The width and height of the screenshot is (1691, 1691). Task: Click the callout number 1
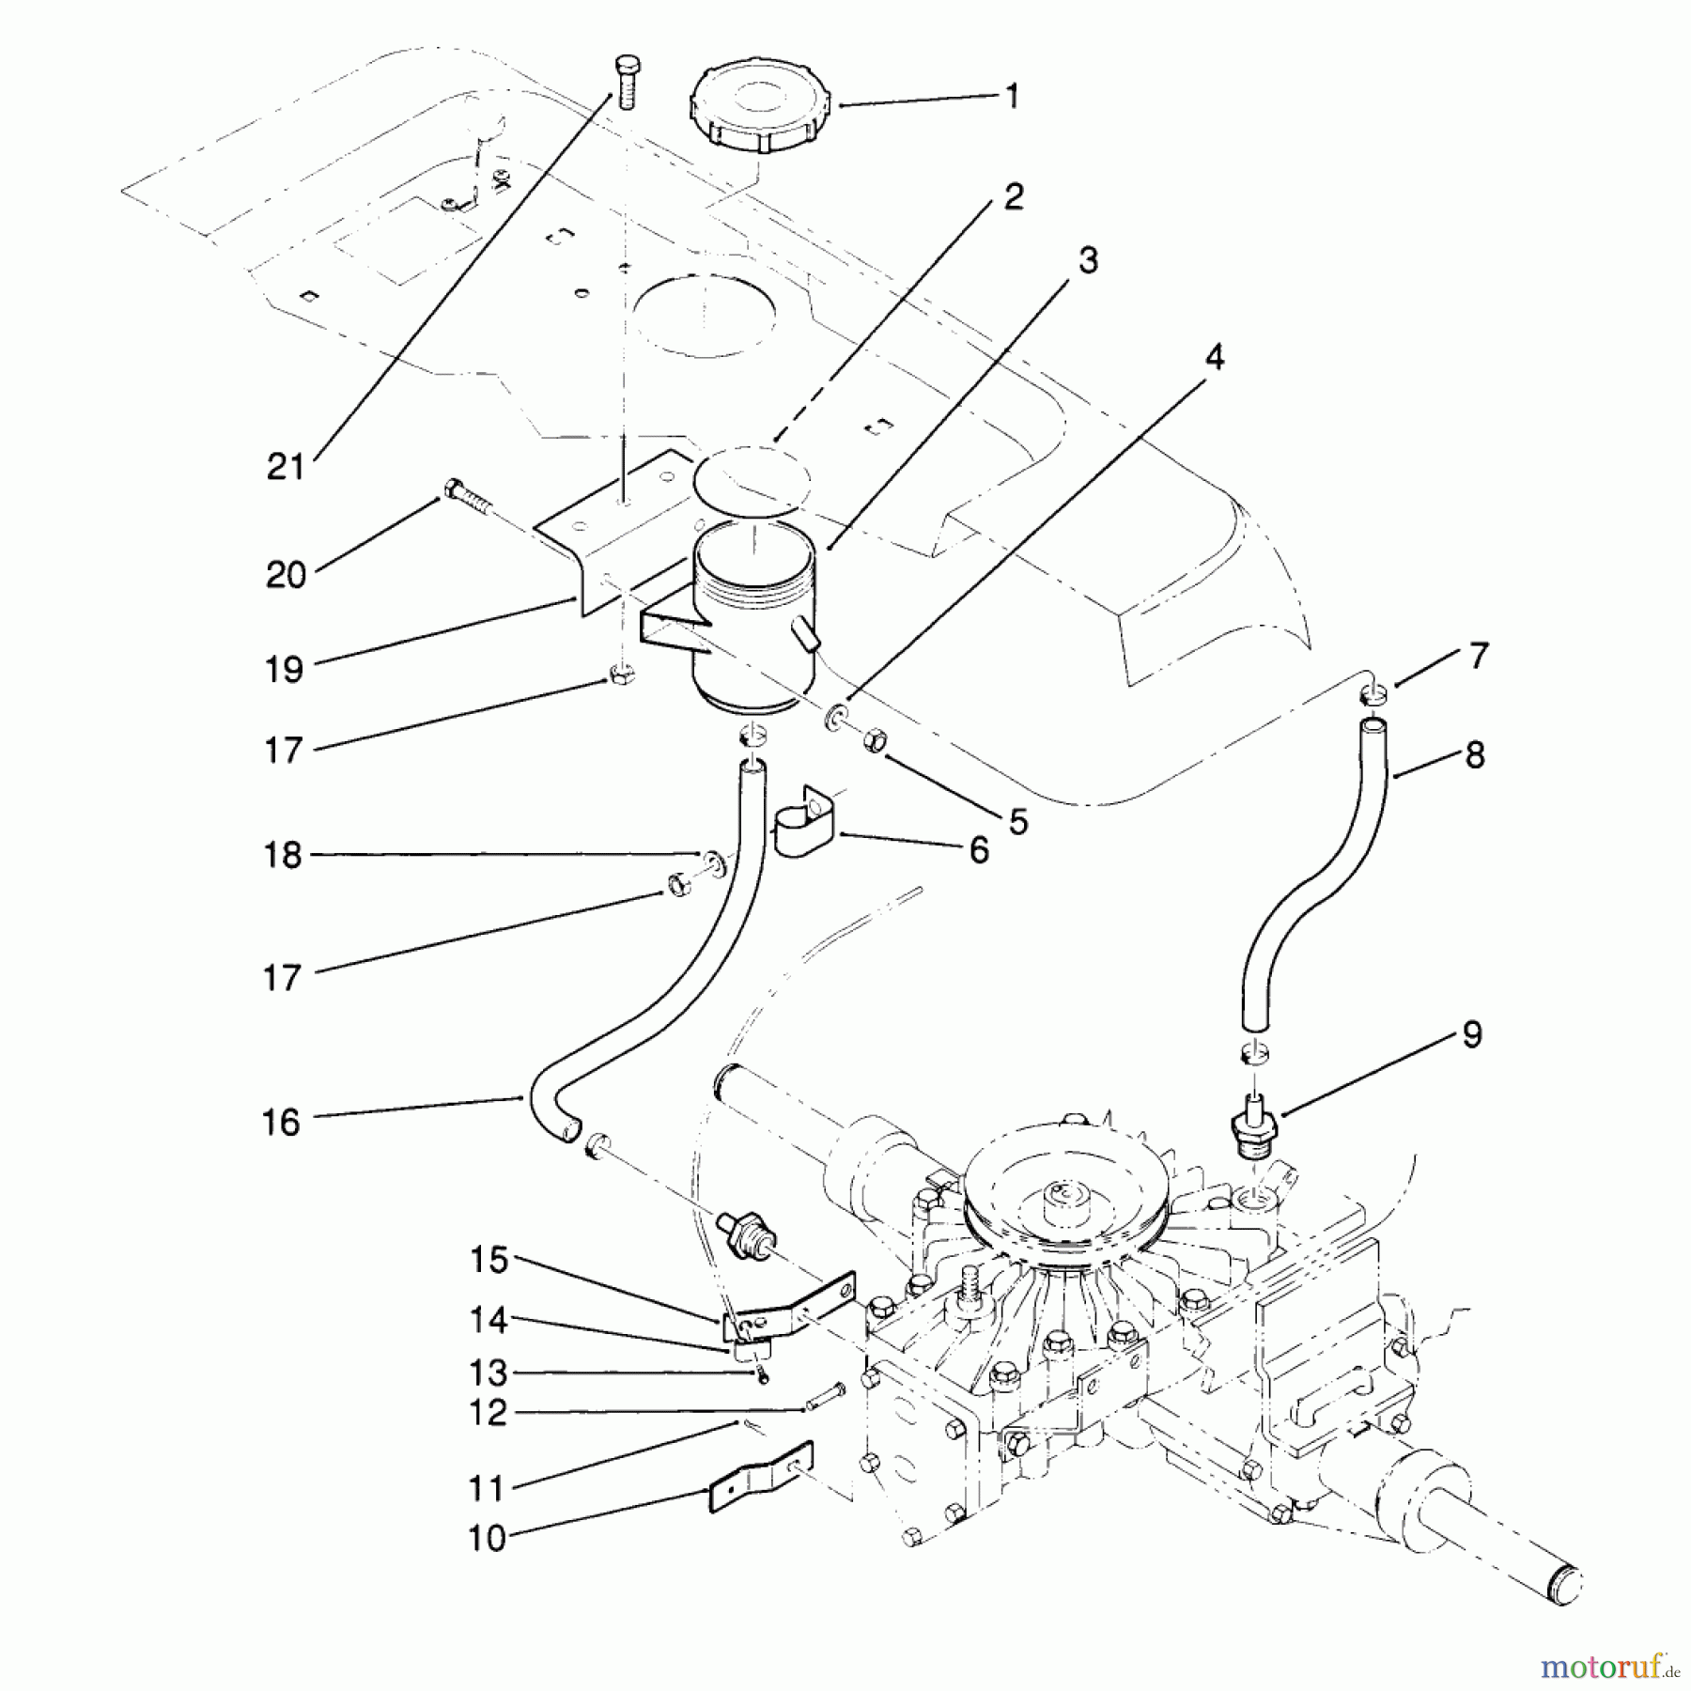[x=1012, y=96]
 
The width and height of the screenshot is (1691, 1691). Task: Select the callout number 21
[x=287, y=466]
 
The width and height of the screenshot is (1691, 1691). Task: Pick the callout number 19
[x=284, y=669]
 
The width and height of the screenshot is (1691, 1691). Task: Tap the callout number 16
[x=281, y=1122]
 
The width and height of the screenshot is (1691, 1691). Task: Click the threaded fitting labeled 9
[x=1253, y=1131]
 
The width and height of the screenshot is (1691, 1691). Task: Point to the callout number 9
[x=1471, y=1035]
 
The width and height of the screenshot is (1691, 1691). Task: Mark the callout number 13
[x=489, y=1373]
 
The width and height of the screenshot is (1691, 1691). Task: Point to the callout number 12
[x=489, y=1413]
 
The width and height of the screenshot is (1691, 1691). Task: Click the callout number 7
[x=1479, y=656]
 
